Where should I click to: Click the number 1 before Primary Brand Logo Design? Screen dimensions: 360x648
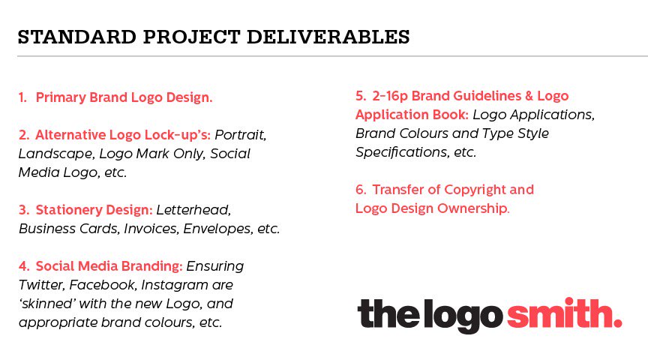tap(22, 97)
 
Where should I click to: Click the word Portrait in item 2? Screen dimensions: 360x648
tap(241, 136)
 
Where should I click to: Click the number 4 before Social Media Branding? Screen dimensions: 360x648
tap(23, 266)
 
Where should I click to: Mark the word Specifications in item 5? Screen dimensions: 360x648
tap(400, 151)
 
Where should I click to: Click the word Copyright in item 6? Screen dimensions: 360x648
tap(489, 190)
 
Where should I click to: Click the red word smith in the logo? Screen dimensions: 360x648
tap(564, 313)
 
